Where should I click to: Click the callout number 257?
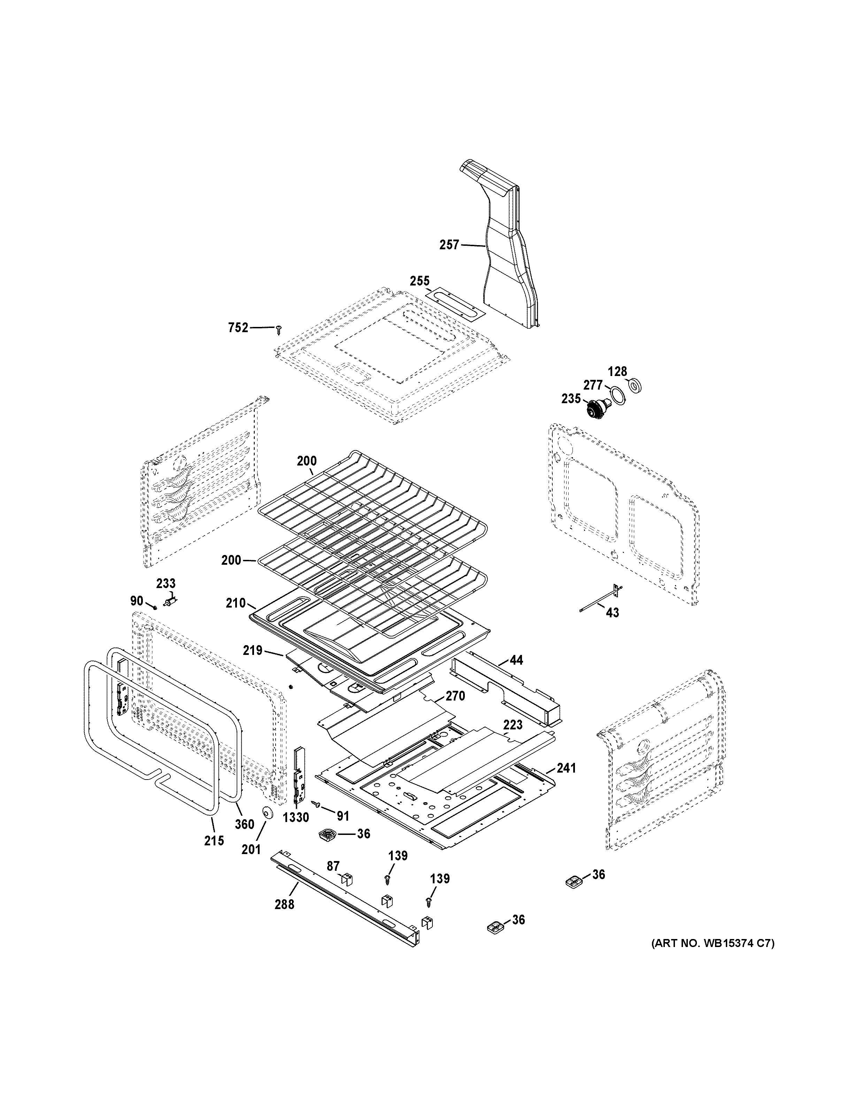pyautogui.click(x=449, y=245)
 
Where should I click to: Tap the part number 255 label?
pyautogui.click(x=420, y=281)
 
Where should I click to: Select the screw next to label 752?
pyautogui.click(x=278, y=329)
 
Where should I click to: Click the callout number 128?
pyautogui.click(x=617, y=372)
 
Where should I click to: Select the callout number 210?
pyautogui.click(x=236, y=603)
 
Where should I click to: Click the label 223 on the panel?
pyautogui.click(x=513, y=725)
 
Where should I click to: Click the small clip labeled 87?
pyautogui.click(x=347, y=879)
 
